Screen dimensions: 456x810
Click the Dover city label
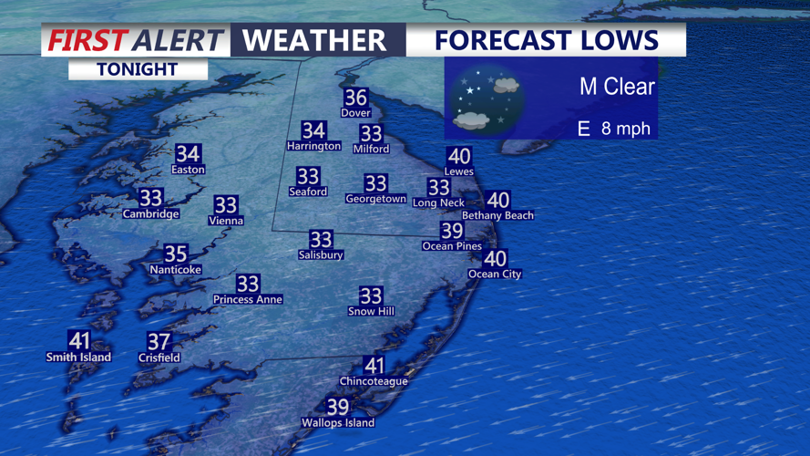(x=355, y=113)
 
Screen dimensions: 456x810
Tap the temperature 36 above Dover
(x=355, y=97)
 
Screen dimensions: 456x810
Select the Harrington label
(x=313, y=146)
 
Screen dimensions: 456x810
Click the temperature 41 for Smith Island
(x=79, y=340)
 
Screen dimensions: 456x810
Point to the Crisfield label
(x=159, y=358)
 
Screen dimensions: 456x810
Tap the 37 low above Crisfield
(x=159, y=341)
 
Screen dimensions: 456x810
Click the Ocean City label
(x=495, y=274)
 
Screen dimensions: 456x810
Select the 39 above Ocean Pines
(x=452, y=230)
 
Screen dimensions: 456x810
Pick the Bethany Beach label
(x=497, y=215)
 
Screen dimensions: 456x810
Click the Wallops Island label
(x=338, y=423)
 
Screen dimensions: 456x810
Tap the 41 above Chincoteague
(x=374, y=365)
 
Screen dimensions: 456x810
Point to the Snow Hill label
(x=371, y=312)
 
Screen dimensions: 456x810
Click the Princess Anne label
(x=248, y=299)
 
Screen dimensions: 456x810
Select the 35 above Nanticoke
(x=175, y=254)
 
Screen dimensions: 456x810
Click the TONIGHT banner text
(x=137, y=69)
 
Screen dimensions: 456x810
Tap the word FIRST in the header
(x=86, y=40)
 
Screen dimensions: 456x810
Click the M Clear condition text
(x=617, y=88)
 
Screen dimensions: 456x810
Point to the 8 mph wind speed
(x=626, y=129)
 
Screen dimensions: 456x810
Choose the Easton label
(x=188, y=170)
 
